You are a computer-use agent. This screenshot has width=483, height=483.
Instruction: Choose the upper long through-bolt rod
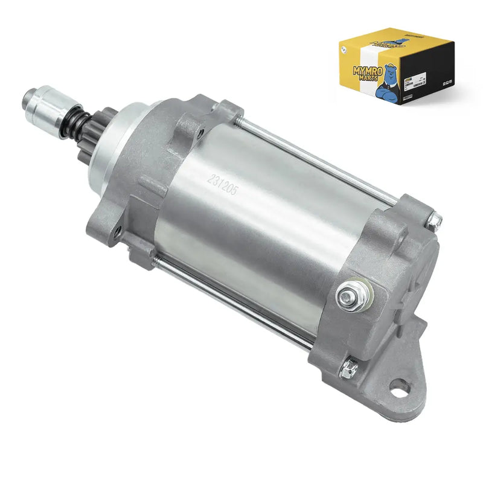tap(314, 157)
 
